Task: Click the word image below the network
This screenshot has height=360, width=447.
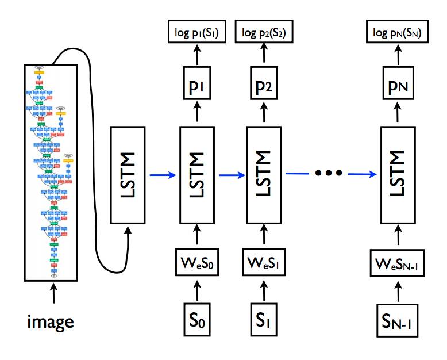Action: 51,321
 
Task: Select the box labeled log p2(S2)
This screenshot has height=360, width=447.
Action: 263,33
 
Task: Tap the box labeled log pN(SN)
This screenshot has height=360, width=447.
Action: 397,33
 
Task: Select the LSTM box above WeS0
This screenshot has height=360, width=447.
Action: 197,175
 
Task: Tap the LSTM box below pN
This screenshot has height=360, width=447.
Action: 398,175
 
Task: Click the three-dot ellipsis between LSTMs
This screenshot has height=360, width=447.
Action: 330,172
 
